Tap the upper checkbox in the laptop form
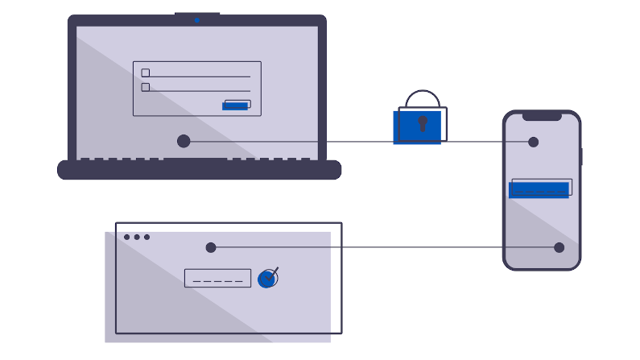pos(146,72)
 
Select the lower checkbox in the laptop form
pos(146,87)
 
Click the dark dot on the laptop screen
pos(184,141)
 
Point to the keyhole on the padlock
pos(422,124)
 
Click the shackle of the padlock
pos(423,97)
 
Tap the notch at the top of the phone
pos(542,117)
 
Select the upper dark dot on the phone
pos(533,142)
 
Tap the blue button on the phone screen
pos(539,189)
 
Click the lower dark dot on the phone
pos(559,247)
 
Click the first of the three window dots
pos(127,237)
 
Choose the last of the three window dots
pos(147,237)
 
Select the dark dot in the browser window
pos(211,247)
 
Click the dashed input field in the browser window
pos(217,278)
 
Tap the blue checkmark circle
pos(267,279)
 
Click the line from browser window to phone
pos(386,247)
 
